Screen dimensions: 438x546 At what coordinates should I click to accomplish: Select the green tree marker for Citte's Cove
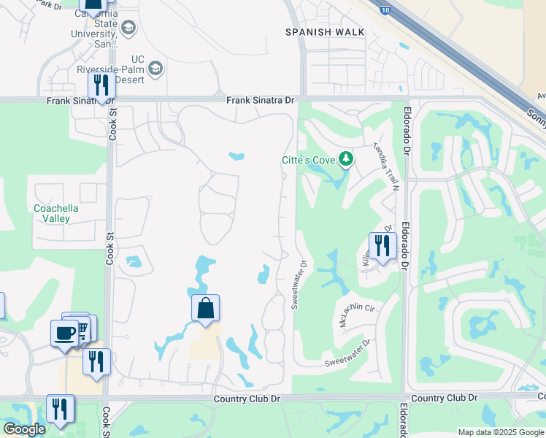point(346,158)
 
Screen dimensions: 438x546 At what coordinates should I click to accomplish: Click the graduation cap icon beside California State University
point(128,28)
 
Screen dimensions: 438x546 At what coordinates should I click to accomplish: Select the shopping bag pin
point(206,308)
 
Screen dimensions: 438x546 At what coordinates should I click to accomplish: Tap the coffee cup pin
point(64,334)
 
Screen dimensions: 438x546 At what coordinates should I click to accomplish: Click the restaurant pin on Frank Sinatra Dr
point(101,85)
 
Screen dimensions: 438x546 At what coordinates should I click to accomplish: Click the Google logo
point(24,429)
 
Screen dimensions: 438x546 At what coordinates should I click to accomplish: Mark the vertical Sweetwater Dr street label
point(299,284)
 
